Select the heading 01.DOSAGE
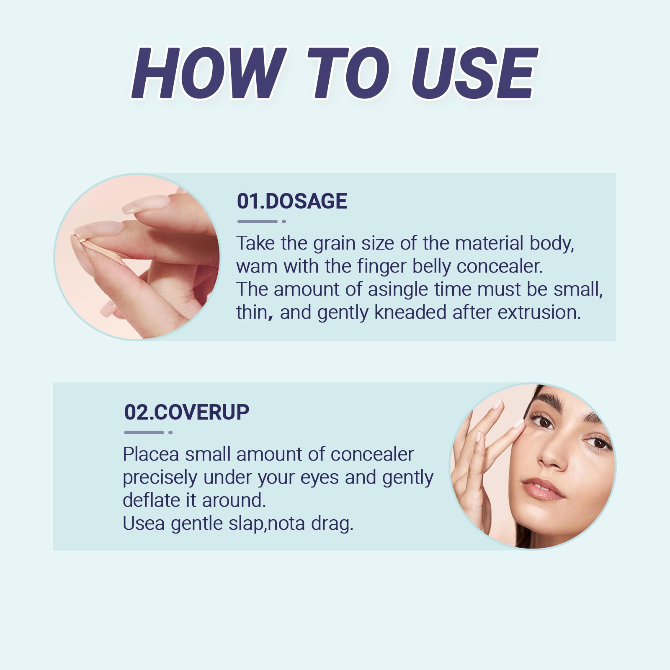coord(292,201)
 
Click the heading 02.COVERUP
coord(187,412)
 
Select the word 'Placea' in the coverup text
coord(151,454)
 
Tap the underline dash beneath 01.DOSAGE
coord(257,222)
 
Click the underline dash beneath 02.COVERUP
coord(144,433)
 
